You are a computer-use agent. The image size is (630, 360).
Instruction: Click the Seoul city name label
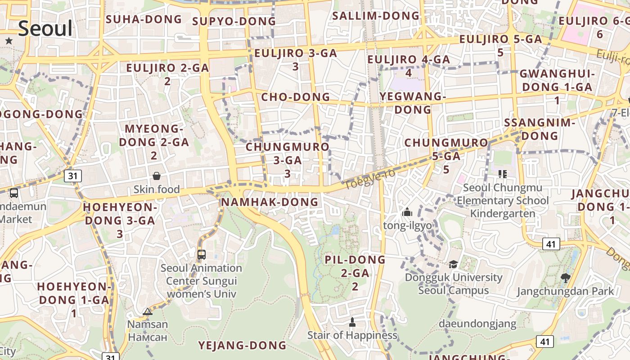click(x=45, y=28)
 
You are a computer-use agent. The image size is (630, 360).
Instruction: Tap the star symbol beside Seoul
click(x=9, y=41)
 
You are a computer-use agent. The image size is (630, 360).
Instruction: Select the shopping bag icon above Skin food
click(x=157, y=175)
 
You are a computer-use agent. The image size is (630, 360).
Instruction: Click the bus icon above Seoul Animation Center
click(x=202, y=254)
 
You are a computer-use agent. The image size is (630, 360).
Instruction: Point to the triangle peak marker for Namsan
click(x=148, y=311)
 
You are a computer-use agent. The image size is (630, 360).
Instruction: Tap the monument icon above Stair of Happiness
click(x=352, y=322)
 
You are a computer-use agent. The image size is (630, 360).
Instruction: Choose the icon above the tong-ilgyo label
click(x=407, y=212)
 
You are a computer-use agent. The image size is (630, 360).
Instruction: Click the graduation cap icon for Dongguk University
click(x=453, y=264)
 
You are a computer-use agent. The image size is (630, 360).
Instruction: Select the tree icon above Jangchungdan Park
click(x=566, y=278)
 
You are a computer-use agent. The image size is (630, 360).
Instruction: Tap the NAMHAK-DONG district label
click(x=270, y=202)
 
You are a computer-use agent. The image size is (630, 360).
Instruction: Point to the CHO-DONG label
click(x=296, y=97)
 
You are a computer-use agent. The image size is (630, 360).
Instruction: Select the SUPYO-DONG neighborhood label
click(x=234, y=21)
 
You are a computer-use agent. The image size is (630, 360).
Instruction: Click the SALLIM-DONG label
click(x=376, y=16)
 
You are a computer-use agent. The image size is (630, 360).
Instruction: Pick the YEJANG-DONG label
click(x=243, y=345)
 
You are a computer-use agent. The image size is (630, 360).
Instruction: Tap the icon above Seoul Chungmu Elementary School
click(x=502, y=174)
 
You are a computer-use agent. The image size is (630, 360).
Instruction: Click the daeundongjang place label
click(x=477, y=323)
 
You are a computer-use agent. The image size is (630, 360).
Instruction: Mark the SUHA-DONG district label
click(x=144, y=19)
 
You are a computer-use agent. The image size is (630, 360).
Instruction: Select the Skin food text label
click(x=157, y=189)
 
